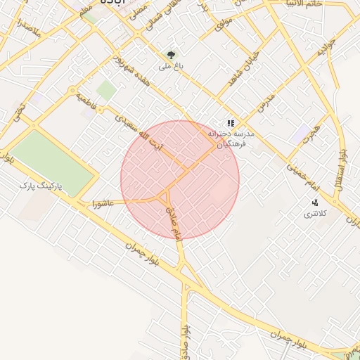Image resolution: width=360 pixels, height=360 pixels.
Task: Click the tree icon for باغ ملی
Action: click(x=171, y=55)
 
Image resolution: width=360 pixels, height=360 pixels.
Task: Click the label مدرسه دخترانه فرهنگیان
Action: click(x=229, y=138)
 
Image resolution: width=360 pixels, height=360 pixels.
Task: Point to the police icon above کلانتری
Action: click(x=314, y=202)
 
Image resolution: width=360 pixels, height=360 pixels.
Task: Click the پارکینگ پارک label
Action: click(x=41, y=186)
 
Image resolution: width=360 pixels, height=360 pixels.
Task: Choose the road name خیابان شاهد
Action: click(x=243, y=68)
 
